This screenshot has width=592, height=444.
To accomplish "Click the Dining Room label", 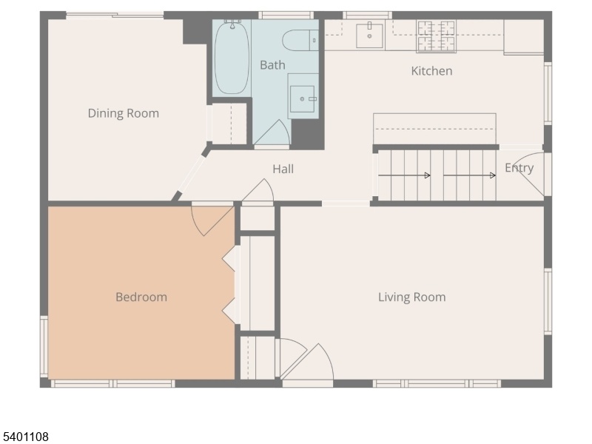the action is click(x=124, y=113).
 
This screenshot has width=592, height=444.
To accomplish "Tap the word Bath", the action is click(x=272, y=65).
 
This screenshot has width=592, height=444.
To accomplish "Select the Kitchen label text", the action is click(x=431, y=71).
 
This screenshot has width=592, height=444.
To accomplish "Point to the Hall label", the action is click(x=283, y=169).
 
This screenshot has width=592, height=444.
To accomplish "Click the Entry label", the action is click(x=519, y=168).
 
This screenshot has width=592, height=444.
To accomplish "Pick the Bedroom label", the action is click(x=141, y=297).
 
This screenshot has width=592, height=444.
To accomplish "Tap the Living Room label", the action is click(x=412, y=297).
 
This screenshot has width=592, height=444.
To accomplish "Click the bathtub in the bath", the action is click(x=232, y=58).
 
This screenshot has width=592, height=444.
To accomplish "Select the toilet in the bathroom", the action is click(x=300, y=41).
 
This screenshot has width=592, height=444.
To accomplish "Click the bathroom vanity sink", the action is click(x=302, y=99).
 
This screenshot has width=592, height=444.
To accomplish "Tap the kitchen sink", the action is click(x=369, y=36).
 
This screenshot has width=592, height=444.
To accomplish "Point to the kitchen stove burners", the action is click(x=436, y=36).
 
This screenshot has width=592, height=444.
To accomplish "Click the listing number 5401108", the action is click(x=24, y=437).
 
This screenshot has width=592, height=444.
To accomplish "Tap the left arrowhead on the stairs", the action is click(x=428, y=175).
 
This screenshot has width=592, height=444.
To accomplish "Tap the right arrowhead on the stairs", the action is click(x=493, y=175).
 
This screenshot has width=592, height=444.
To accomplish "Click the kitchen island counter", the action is click(x=434, y=128).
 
